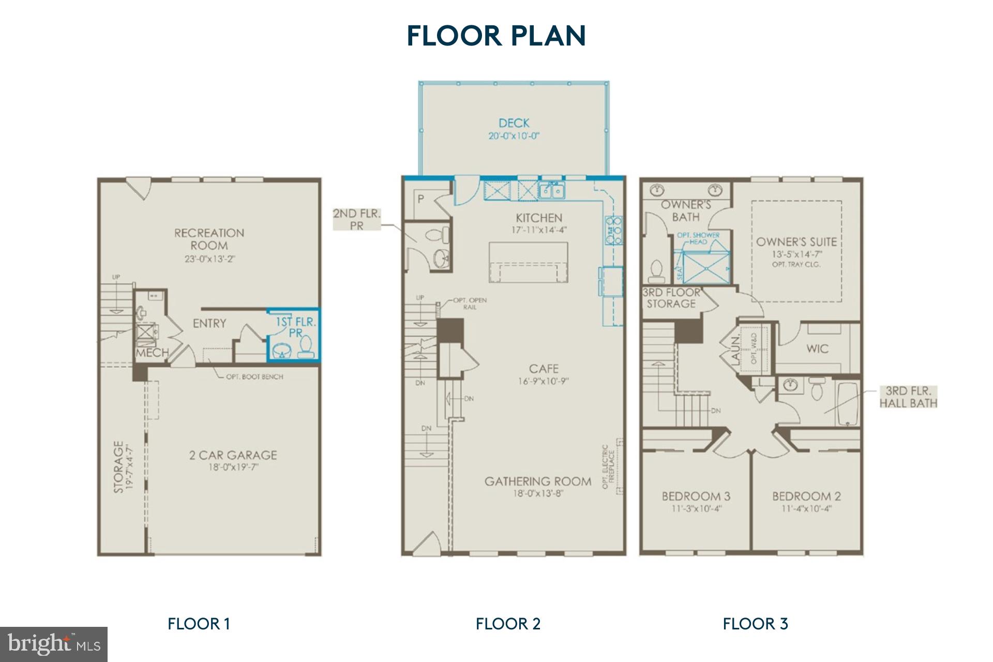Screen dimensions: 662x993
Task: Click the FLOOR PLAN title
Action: [496, 36]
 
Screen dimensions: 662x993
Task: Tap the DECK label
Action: [514, 123]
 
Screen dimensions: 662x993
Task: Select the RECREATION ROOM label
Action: [209, 239]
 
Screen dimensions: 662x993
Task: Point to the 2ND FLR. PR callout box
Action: [356, 220]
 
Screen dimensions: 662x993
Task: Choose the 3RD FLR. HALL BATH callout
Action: [908, 397]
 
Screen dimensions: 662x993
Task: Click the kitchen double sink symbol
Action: [551, 191]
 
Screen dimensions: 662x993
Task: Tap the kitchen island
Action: [528, 262]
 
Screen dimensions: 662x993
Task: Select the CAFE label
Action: [544, 369]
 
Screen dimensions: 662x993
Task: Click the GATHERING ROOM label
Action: [538, 482]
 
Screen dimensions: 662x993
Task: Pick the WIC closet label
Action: [817, 349]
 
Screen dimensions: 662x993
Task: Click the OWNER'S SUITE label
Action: [796, 242]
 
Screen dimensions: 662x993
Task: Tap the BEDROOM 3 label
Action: [696, 496]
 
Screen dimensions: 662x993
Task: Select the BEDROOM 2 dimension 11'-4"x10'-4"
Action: [806, 509]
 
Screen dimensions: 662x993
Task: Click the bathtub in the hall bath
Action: [847, 403]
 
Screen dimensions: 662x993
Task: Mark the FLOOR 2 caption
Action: [508, 624]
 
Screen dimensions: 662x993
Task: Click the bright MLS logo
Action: [54, 644]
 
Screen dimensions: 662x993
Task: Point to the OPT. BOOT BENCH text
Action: [254, 377]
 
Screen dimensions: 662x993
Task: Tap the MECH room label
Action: [152, 353]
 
